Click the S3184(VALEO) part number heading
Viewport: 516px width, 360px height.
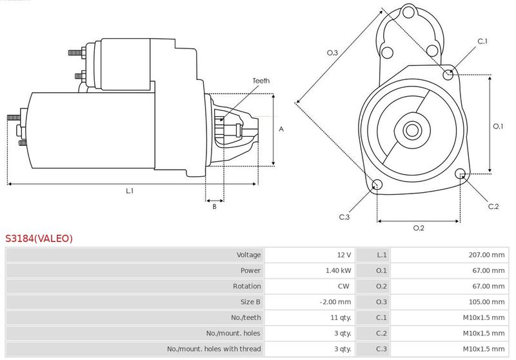click(39, 238)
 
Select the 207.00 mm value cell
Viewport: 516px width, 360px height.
click(486, 255)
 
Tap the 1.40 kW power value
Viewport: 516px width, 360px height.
click(338, 270)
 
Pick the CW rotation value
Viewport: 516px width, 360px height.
click(344, 286)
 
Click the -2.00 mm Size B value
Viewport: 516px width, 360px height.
click(335, 302)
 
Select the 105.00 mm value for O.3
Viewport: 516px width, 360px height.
click(486, 302)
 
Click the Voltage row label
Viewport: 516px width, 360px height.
click(248, 255)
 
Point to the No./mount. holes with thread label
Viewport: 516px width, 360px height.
click(214, 349)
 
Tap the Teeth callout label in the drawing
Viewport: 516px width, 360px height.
click(261, 81)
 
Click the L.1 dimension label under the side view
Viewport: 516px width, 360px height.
click(130, 191)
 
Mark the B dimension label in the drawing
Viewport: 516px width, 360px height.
click(214, 206)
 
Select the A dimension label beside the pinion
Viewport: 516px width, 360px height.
click(281, 129)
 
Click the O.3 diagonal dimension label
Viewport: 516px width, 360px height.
click(332, 53)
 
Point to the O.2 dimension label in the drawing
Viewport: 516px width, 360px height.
click(419, 228)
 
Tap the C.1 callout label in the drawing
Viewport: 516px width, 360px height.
click(482, 41)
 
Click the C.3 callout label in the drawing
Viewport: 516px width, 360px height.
click(344, 217)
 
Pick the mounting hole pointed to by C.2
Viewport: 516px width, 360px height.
click(460, 174)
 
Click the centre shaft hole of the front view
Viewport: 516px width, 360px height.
click(412, 130)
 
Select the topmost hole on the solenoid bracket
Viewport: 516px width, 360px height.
click(408, 13)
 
